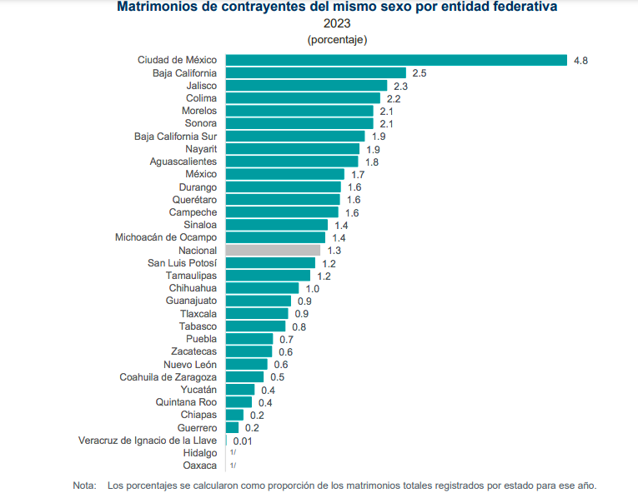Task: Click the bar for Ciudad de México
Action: point(396,60)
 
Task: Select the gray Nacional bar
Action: point(273,250)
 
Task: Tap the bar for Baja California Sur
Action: point(295,136)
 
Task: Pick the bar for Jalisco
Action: point(306,85)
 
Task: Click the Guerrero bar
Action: point(232,427)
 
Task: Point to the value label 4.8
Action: point(580,61)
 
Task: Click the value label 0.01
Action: point(244,441)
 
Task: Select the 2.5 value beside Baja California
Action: point(419,73)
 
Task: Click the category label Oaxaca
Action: point(200,466)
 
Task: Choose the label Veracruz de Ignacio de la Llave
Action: point(148,441)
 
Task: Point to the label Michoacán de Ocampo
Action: point(166,237)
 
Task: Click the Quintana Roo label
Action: point(186,402)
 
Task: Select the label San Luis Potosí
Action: point(182,263)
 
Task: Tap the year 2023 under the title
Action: point(337,23)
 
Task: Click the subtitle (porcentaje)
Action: point(337,39)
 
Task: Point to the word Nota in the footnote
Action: point(84,485)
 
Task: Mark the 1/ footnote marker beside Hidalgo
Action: point(233,453)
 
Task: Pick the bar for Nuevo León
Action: point(247,364)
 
